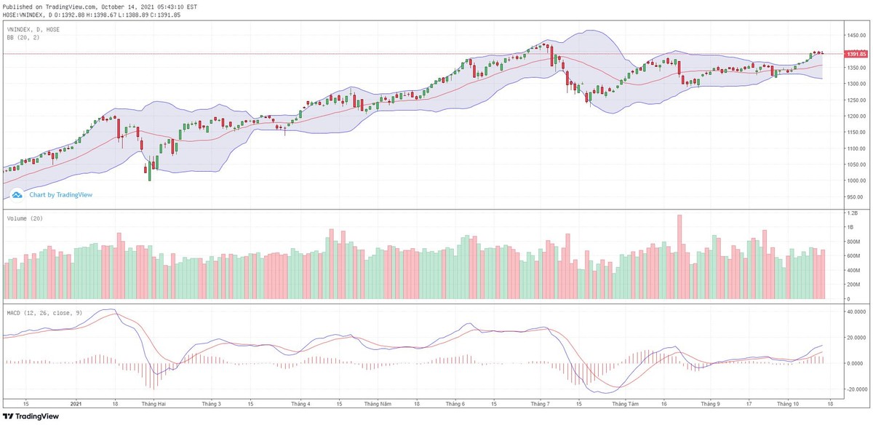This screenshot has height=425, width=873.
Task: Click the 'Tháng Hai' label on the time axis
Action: point(154,402)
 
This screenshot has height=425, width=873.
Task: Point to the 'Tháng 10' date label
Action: point(788,402)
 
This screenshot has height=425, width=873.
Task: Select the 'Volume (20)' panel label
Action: point(25,218)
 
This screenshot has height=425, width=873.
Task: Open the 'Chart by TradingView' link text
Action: point(60,195)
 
